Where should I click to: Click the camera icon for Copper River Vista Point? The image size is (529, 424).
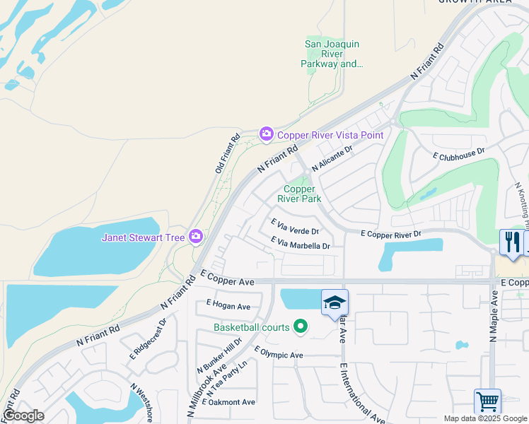click(267, 134)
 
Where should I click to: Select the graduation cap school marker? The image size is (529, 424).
click(335, 303)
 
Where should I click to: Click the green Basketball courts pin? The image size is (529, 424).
click(301, 326)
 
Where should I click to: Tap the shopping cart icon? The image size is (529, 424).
click(487, 401)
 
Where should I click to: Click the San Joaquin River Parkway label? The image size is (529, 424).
click(332, 54)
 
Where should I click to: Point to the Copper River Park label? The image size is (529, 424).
click(303, 194)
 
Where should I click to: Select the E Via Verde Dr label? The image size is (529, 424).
click(296, 226)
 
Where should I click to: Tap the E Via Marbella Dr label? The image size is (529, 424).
click(301, 242)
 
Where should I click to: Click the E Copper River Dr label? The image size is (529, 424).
click(390, 233)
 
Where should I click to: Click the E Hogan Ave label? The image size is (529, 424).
click(228, 306)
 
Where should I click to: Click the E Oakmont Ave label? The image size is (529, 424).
click(228, 402)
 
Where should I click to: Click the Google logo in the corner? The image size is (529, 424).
click(23, 415)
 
